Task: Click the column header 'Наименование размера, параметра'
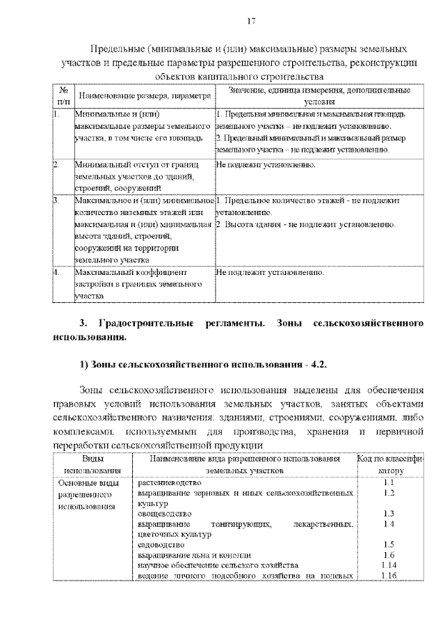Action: [145, 95]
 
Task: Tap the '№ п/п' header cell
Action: [63, 95]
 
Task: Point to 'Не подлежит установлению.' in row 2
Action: [266, 166]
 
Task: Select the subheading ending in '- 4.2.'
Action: [201, 365]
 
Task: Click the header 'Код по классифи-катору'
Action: [389, 465]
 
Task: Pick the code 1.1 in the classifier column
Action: [389, 482]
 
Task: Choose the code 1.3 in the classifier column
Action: [389, 514]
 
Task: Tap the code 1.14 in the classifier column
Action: [389, 565]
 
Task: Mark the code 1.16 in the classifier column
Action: [389, 576]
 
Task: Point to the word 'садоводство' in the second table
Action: [161, 545]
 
